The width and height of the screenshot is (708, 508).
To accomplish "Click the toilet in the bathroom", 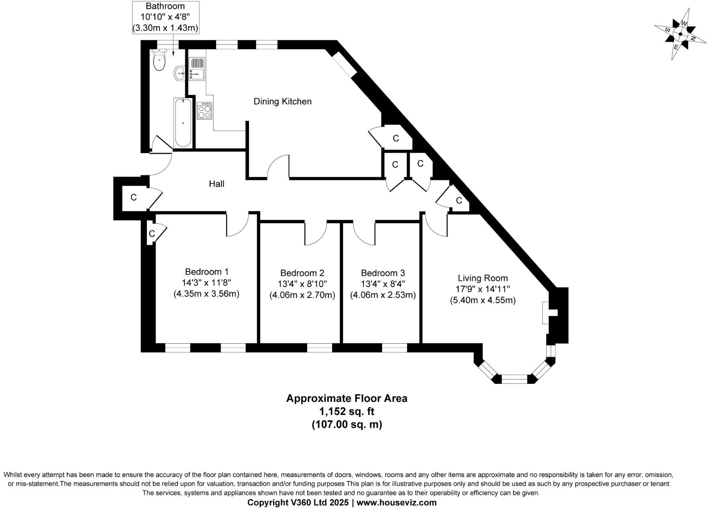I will (x=159, y=61).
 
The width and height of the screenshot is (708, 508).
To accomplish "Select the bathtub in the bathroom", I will (x=183, y=123).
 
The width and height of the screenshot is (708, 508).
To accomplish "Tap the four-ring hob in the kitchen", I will (x=204, y=111).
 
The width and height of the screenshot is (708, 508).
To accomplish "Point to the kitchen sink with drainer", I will (x=196, y=68).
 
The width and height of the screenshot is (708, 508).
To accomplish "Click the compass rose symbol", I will (x=680, y=35).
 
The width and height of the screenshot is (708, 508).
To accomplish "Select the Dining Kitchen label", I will (x=282, y=101).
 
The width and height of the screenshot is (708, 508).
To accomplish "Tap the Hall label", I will (x=216, y=184).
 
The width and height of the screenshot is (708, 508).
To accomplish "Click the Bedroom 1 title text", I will (x=206, y=272).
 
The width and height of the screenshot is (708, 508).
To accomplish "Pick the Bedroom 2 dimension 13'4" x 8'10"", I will (x=302, y=284).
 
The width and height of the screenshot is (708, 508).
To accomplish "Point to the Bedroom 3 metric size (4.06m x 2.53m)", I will (x=383, y=295).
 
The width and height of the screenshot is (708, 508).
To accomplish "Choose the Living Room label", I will (x=483, y=278).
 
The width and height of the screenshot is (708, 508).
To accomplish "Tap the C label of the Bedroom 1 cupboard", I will (x=152, y=234).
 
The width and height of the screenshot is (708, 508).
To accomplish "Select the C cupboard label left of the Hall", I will (x=134, y=197).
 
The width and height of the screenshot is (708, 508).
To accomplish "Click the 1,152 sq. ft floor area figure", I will (x=347, y=411).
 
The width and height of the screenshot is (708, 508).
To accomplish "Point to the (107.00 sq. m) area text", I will (x=347, y=424).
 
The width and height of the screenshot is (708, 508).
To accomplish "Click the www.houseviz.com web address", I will (x=396, y=502).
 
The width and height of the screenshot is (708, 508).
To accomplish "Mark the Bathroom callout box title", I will (x=165, y=6).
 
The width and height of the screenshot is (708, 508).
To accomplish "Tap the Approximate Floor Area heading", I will (x=347, y=398).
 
